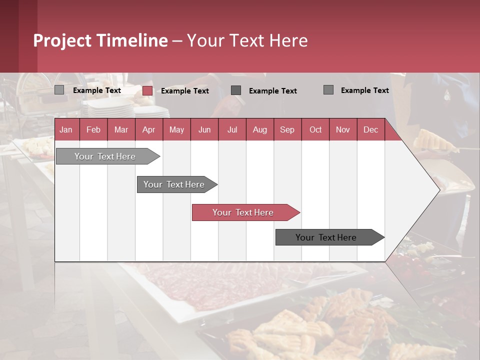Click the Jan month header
point(66,129)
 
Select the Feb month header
point(93,129)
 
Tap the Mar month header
point(121,129)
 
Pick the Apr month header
point(148,129)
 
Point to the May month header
point(176,129)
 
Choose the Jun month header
point(204,129)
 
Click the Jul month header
point(232,129)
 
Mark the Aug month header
point(259,129)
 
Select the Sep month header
point(287,129)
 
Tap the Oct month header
point(315,129)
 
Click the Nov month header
point(343,129)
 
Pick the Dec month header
point(370,129)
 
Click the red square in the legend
point(147,90)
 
